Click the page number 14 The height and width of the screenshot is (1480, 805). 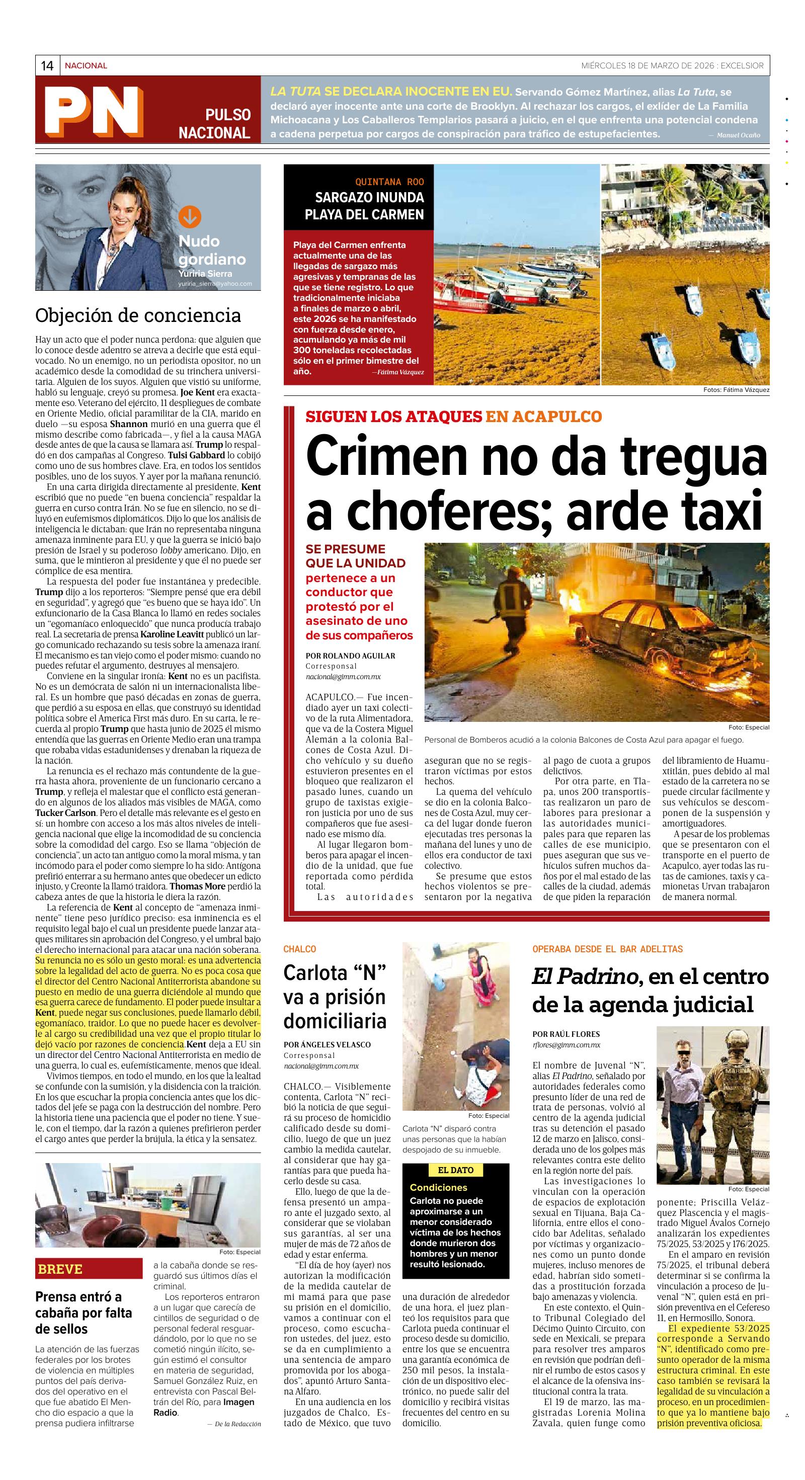point(47,65)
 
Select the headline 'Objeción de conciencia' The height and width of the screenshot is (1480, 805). point(138,315)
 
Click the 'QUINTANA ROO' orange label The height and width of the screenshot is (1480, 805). point(389,182)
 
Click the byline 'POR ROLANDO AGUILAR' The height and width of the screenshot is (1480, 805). point(351,655)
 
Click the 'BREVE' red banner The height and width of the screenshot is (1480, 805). point(60,1269)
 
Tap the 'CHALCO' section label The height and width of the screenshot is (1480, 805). point(299,949)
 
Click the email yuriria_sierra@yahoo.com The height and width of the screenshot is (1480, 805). point(215,283)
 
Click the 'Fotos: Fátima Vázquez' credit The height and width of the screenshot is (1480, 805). point(736,390)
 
